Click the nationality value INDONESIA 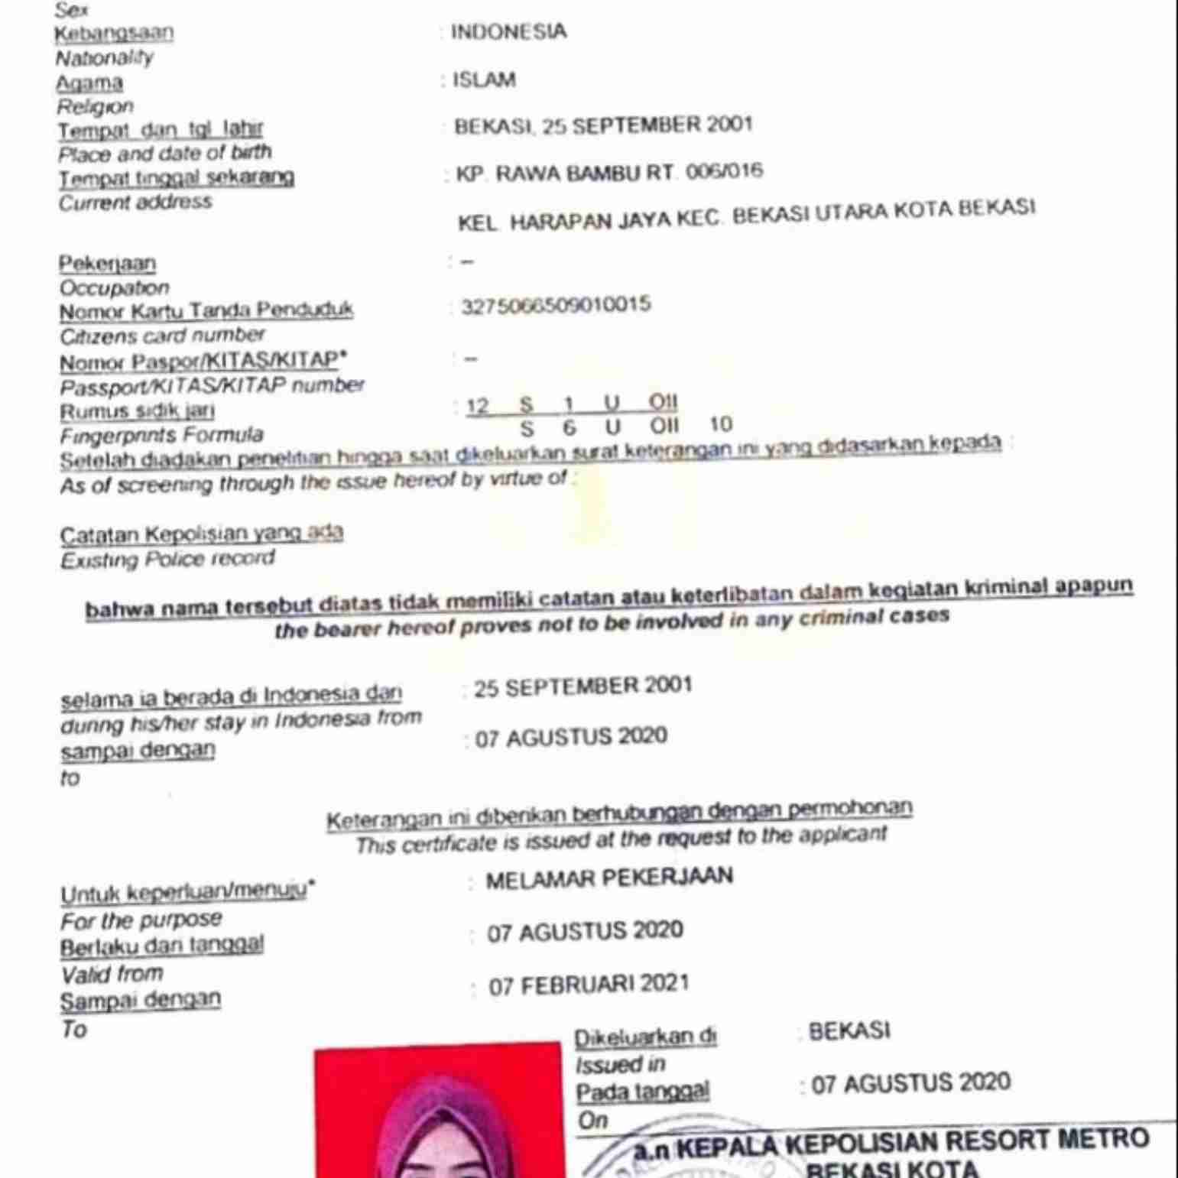508,32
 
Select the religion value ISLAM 484,80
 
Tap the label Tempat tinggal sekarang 177,177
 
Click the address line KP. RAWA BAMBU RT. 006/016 609,173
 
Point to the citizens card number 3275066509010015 556,305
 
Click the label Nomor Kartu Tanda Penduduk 206,311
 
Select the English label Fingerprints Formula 161,436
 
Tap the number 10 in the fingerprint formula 720,424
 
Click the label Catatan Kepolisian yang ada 201,534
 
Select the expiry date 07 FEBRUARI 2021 589,985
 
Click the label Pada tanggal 642,1092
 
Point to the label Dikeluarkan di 645,1038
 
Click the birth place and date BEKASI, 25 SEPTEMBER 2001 603,125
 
